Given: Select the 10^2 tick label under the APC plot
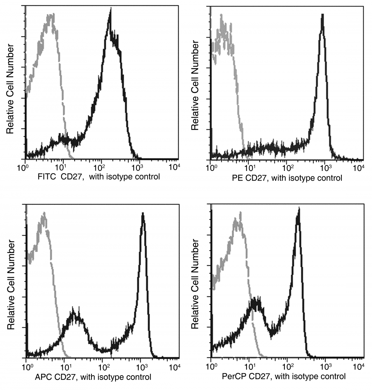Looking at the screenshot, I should click(103, 366).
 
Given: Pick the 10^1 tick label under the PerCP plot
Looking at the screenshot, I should click(250, 366).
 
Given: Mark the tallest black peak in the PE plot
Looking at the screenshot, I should click(322, 16).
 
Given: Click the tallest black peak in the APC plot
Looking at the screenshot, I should click(143, 214).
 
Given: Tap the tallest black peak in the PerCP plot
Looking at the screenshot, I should click(298, 210).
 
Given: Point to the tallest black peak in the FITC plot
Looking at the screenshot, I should click(110, 12).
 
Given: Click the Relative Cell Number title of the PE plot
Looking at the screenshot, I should click(196, 87).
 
